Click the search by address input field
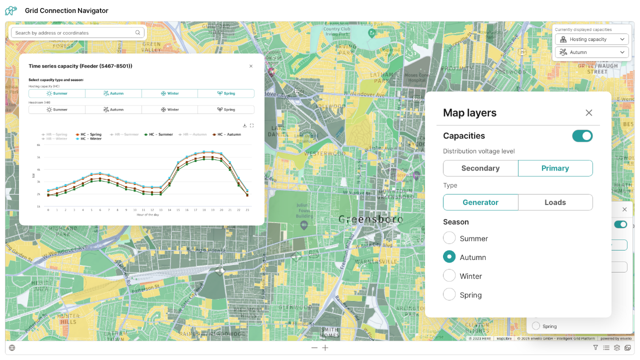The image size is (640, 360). point(75,33)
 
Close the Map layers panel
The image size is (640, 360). point(588,113)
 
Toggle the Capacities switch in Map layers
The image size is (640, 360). point(582,136)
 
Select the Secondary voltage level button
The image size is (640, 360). point(480,168)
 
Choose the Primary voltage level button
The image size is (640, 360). point(555,168)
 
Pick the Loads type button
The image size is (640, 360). point(555,202)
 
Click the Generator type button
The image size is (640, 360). point(480,202)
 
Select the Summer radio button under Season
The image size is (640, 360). point(449,238)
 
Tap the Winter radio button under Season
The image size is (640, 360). point(449,275)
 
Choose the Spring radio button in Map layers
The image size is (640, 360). point(449,294)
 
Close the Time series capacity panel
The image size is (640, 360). point(251,66)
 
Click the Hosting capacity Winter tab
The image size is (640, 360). point(169,93)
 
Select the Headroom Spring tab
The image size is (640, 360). point(226,109)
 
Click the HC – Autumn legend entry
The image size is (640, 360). point(226,134)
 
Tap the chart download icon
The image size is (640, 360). point(244,125)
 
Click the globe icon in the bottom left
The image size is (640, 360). point(12,348)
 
